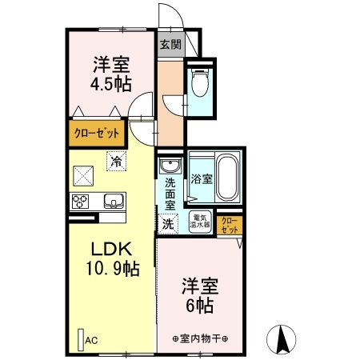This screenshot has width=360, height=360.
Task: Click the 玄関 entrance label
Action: coord(169,44)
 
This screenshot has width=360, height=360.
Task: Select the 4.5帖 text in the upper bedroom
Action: coord(111,82)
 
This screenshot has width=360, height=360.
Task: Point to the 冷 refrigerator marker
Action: coord(117,160)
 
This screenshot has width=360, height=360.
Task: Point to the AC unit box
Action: coord(81,338)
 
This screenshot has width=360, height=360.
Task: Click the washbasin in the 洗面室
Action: coord(169,166)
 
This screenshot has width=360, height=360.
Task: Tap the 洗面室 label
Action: coord(170,194)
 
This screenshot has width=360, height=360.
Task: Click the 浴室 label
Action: coord(201,178)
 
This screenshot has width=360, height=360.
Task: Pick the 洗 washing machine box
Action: coord(168,224)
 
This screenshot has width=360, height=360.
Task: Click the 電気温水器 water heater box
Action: coord(200,221)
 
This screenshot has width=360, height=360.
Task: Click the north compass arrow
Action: coord(282,339)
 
